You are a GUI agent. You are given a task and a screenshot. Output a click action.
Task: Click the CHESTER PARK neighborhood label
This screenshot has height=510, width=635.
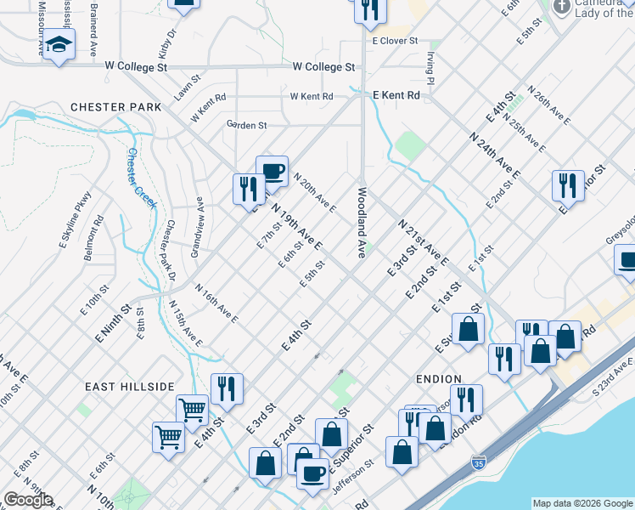(x=110, y=107)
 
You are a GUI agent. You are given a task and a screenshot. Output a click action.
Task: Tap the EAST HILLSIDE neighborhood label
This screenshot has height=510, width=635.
(x=129, y=386)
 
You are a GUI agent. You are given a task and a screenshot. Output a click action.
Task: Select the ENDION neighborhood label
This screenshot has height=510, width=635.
(x=438, y=379)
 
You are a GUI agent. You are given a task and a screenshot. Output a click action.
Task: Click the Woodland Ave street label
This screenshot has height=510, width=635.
(x=362, y=223)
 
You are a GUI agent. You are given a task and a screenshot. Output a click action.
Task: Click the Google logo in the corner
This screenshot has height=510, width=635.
(x=28, y=500)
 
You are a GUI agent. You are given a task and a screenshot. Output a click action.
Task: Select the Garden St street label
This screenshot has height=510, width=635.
(x=246, y=125)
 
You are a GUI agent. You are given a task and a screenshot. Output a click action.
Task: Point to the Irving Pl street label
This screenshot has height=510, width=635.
(x=431, y=67)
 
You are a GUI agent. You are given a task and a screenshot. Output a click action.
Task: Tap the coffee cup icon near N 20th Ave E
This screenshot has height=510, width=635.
(x=272, y=173)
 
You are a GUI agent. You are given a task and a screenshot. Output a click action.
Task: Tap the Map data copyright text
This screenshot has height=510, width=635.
(x=582, y=503)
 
